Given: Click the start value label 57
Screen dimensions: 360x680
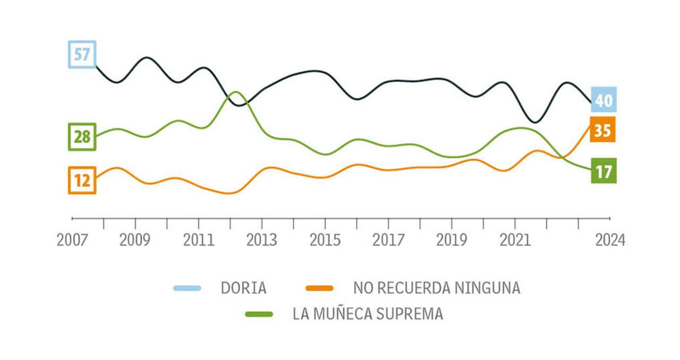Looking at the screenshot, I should tap(82, 54).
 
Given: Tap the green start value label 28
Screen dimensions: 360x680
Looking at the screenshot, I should tap(82, 137).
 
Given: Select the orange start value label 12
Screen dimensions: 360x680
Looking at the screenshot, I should tap(82, 181).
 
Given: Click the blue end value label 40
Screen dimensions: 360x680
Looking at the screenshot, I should tap(603, 100).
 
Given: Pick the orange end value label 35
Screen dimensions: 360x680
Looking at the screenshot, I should tap(602, 130).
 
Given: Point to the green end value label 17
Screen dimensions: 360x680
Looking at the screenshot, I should tap(603, 171).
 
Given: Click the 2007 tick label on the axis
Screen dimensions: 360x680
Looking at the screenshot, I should tap(72, 240).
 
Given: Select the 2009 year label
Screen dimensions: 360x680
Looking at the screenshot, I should tap(135, 240).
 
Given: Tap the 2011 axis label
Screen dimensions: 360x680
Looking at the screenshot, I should tap(198, 240).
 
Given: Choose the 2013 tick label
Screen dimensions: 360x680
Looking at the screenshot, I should tap(261, 240).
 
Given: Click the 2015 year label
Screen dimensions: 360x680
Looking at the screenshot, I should tap(325, 240).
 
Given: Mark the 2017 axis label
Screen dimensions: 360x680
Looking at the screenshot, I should tap(388, 240).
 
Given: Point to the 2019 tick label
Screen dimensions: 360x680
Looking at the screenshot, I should tap(451, 240).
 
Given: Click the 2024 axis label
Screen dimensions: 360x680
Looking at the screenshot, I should tap(610, 240).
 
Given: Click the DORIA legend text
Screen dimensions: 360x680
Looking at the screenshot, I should tap(244, 288).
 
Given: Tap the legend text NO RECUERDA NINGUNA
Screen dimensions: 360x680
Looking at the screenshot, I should tap(437, 288).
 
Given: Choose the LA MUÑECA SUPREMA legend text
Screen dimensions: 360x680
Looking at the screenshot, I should tap(368, 314).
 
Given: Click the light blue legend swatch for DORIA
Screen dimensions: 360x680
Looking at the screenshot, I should tap(187, 288).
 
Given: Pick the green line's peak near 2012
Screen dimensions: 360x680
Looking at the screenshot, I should tap(235, 92).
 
